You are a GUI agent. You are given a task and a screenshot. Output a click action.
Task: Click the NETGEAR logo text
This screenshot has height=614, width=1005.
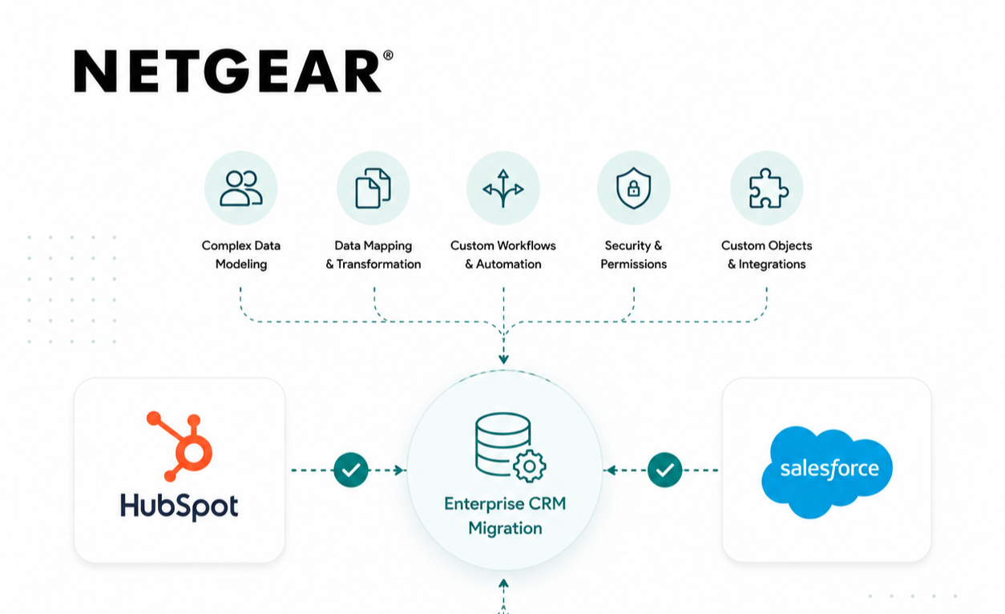(x=228, y=71)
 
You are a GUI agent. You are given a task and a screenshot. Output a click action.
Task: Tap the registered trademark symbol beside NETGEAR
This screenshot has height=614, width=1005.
(x=388, y=55)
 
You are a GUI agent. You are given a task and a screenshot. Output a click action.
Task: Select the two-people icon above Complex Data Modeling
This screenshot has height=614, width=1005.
(x=241, y=188)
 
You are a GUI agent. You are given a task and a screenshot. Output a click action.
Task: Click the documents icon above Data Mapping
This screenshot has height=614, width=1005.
(x=373, y=188)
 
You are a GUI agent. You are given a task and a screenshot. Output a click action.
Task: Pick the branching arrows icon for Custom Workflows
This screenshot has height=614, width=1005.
(x=503, y=188)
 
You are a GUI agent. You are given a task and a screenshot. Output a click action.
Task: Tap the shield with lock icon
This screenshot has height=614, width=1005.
(x=633, y=188)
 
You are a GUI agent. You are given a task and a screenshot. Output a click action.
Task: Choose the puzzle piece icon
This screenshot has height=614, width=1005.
(x=768, y=188)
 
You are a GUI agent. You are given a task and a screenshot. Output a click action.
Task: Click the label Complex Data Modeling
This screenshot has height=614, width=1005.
(x=241, y=254)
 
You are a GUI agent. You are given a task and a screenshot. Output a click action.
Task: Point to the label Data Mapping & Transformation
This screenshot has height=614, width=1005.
(x=373, y=254)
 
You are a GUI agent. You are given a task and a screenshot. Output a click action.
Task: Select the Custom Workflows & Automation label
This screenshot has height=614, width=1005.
(x=503, y=254)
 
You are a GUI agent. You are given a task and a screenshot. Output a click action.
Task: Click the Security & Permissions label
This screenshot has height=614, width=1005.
(x=633, y=254)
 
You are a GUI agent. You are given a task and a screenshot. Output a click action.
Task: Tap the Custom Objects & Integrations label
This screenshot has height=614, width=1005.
(x=767, y=254)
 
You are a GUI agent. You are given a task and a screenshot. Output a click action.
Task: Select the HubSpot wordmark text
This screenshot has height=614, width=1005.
(x=179, y=507)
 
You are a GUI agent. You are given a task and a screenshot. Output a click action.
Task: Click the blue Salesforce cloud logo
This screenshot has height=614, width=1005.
(x=827, y=471)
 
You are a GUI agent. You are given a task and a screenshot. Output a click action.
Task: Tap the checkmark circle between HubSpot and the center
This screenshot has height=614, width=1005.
(x=351, y=470)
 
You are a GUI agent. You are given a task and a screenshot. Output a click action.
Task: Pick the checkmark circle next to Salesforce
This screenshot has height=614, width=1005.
(x=664, y=470)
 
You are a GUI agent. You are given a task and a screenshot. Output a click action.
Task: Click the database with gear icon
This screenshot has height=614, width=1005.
(x=511, y=447)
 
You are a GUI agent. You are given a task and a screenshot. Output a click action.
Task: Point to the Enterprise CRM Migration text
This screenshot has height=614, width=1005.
(x=505, y=515)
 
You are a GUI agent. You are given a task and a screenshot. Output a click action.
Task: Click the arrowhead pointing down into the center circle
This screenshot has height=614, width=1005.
(x=503, y=359)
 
